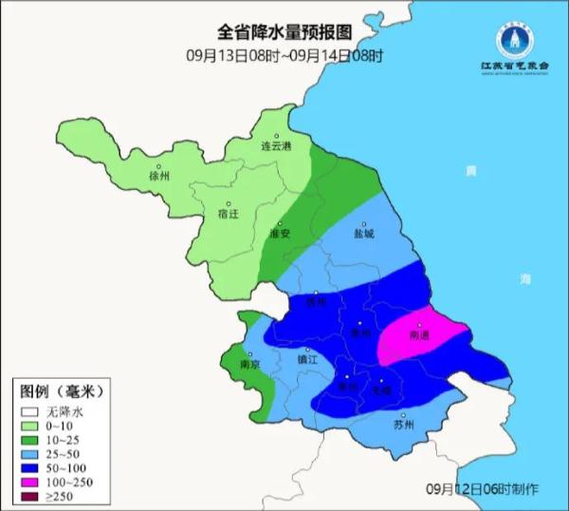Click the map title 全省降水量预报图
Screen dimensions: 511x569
pyautogui.click(x=284, y=34)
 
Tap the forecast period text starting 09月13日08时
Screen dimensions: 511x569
pyautogui.click(x=284, y=55)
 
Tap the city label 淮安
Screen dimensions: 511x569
pyautogui.click(x=279, y=233)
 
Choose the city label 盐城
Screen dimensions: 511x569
pyautogui.click(x=364, y=233)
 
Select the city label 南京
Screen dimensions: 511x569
pyautogui.click(x=249, y=364)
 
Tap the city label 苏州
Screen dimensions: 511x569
pyautogui.click(x=403, y=425)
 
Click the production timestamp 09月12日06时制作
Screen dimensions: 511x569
pyautogui.click(x=482, y=488)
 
